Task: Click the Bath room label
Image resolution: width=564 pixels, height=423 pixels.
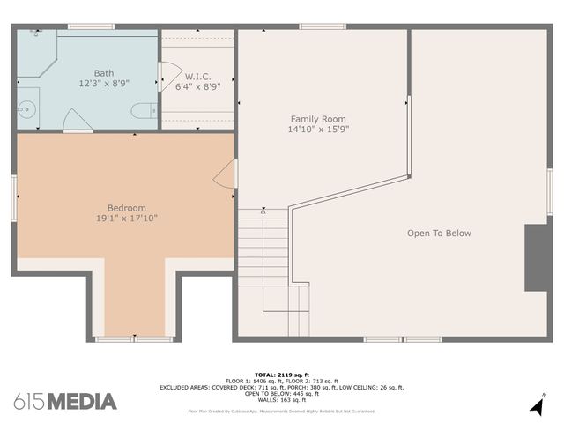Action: click(104, 73)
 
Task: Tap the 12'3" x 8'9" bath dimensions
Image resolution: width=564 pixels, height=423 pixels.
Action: click(104, 85)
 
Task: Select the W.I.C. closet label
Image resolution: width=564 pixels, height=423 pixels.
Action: click(197, 75)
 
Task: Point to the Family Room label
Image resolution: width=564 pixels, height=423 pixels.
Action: click(318, 118)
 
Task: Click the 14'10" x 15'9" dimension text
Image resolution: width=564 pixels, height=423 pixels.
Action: click(318, 130)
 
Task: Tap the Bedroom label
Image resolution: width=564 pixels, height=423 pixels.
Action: click(127, 208)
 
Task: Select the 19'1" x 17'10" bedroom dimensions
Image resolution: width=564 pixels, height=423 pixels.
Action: click(127, 219)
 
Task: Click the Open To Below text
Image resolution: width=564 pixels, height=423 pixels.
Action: click(439, 234)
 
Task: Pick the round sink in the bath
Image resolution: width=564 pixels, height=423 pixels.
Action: click(26, 109)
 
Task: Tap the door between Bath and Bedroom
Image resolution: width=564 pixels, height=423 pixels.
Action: click(78, 123)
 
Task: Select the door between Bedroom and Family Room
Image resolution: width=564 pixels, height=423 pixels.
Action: click(226, 173)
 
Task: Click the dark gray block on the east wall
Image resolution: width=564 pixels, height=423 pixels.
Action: click(537, 257)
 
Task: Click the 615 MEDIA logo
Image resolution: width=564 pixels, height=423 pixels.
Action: click(65, 402)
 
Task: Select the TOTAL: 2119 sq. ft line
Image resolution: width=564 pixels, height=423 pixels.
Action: click(282, 374)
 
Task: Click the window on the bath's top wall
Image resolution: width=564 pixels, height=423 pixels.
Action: click(91, 26)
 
